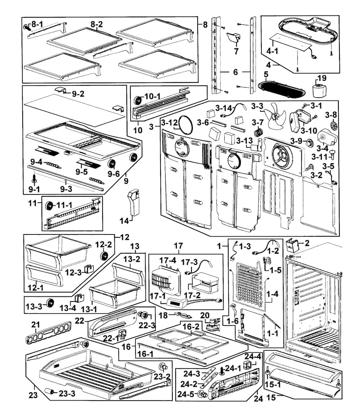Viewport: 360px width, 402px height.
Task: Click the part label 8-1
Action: tap(37, 24)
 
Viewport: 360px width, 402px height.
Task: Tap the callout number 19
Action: tap(322, 78)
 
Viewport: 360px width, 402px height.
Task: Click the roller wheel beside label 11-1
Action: tap(49, 206)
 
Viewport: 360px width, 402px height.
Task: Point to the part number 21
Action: tap(35, 325)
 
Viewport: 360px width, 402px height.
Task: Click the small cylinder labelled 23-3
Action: tap(50, 392)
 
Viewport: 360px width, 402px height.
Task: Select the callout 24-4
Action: tap(253, 357)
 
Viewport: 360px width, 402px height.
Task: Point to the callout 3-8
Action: tap(331, 115)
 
